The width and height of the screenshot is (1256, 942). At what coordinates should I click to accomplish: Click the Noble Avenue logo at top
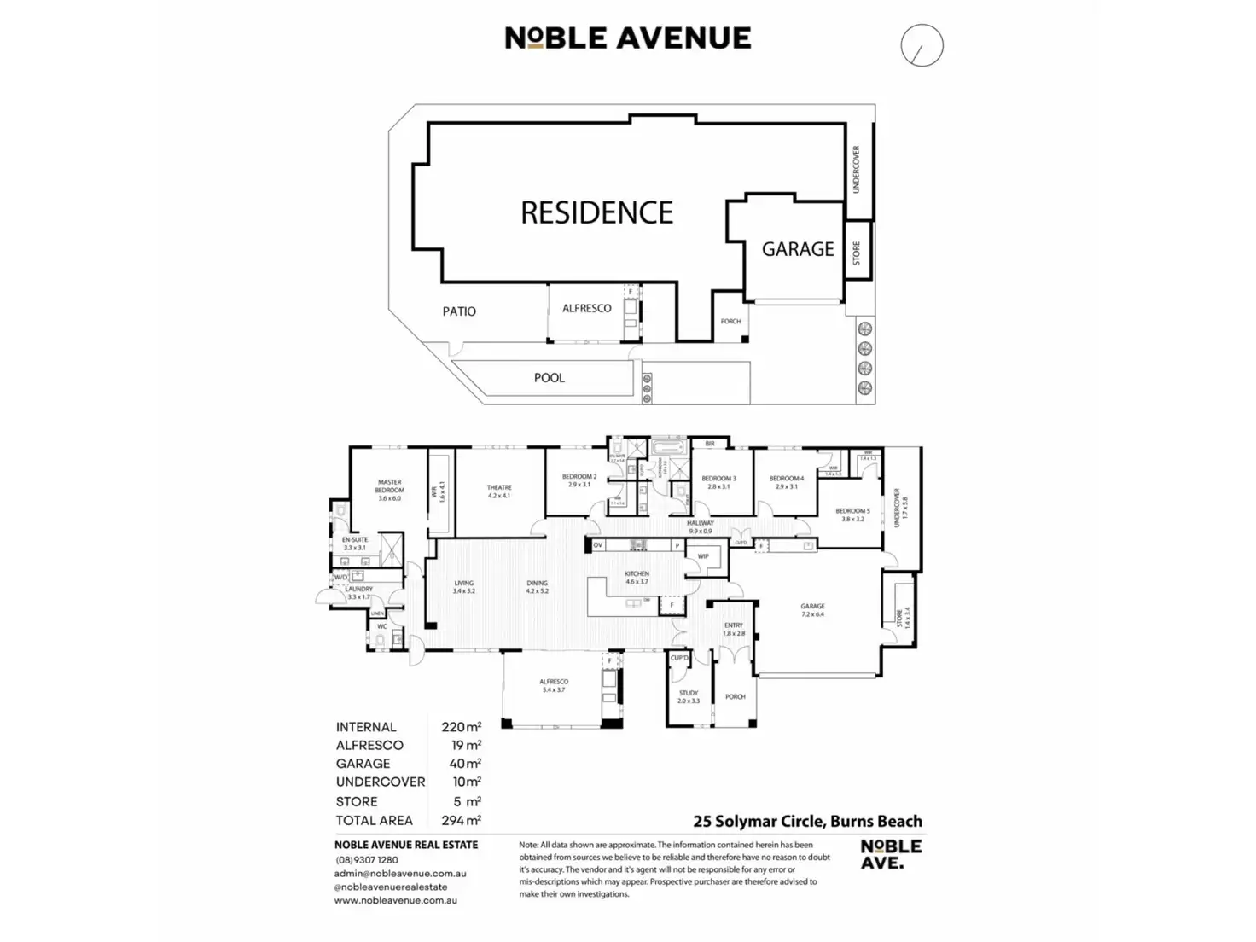point(628,38)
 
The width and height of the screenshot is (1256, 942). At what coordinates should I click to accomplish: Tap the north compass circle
point(922,45)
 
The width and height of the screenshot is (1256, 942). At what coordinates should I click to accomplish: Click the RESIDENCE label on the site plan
point(596,212)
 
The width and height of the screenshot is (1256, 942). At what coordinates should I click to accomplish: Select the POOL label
point(549,378)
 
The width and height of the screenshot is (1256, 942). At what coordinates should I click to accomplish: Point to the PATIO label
point(459,311)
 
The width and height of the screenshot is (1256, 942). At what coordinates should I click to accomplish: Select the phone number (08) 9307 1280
point(367,860)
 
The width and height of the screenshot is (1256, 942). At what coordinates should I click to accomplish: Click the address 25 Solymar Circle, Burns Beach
point(807,822)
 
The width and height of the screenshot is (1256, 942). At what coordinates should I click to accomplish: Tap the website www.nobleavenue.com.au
point(395,900)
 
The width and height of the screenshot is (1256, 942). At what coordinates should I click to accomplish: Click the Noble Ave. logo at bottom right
point(891,853)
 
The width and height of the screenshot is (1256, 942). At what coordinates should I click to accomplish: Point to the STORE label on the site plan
point(857,253)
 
